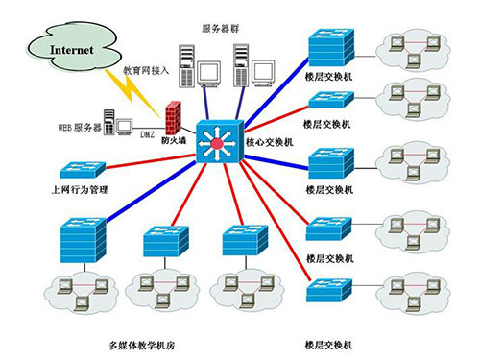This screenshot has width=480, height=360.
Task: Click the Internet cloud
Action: click(73, 47)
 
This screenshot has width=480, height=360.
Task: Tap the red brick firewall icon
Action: click(173, 118)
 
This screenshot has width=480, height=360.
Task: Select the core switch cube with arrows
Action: click(220, 141)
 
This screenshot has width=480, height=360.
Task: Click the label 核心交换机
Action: click(270, 142)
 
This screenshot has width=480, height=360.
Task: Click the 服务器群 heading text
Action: click(221, 29)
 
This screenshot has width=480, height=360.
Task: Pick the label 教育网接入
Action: click(146, 70)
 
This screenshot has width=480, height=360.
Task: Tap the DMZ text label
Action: click(147, 134)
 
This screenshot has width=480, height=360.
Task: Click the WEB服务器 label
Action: click(80, 127)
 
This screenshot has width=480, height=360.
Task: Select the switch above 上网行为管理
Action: click(83, 169)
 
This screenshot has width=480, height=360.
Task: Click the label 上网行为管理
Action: click(80, 190)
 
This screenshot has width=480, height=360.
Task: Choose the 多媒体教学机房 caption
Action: click(142, 346)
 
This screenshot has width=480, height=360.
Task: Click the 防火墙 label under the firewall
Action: click(174, 140)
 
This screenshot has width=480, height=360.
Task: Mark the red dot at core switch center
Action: click(217, 144)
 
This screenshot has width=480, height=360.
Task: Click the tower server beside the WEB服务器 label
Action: click(109, 122)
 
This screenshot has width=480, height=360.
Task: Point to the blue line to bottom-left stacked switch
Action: click(151, 192)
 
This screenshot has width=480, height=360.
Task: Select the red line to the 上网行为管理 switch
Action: click(151, 161)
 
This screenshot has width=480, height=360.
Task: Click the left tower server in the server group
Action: click(187, 66)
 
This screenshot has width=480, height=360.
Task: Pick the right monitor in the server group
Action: click(264, 73)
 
